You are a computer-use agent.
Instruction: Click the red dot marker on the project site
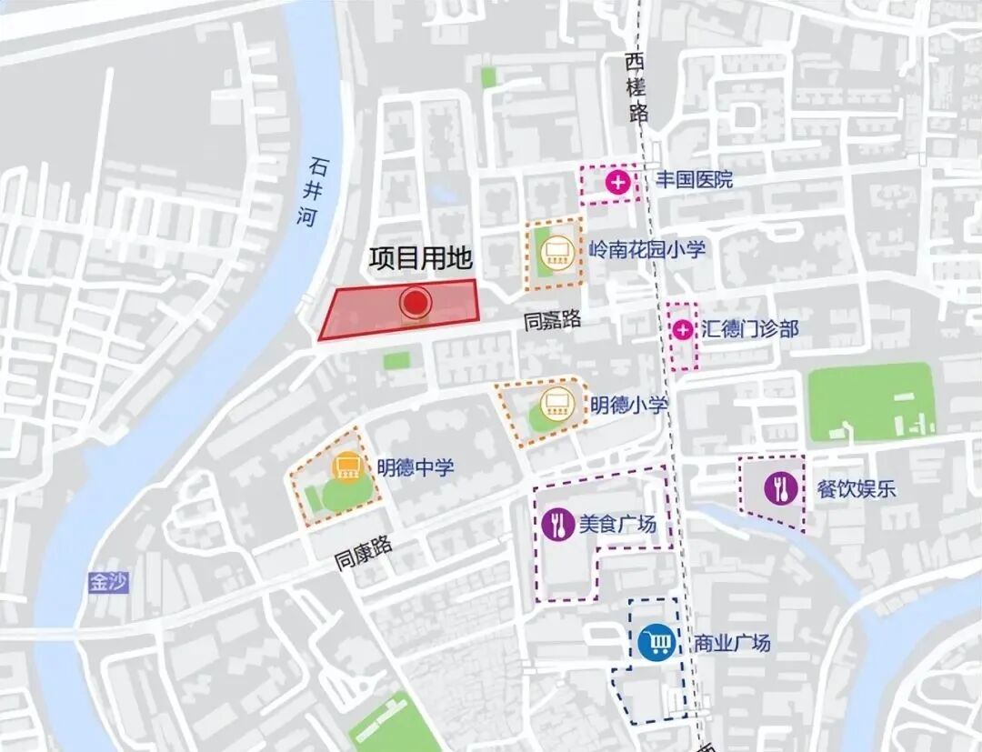(x=416, y=303)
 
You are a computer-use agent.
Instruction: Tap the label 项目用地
(x=420, y=259)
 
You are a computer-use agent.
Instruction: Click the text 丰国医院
(x=694, y=180)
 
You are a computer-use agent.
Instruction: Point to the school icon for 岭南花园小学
(x=556, y=248)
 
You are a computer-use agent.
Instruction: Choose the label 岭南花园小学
(x=646, y=249)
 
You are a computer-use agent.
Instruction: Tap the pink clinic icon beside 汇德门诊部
(x=682, y=329)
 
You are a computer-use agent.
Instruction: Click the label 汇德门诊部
(x=749, y=328)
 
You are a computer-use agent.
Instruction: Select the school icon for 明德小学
(x=554, y=404)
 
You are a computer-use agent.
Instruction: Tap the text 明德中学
(x=416, y=467)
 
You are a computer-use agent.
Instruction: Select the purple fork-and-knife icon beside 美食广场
(x=556, y=524)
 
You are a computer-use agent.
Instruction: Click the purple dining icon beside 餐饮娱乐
(x=780, y=488)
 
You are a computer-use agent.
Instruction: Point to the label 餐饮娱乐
(x=856, y=488)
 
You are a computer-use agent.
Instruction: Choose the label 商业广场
(x=732, y=643)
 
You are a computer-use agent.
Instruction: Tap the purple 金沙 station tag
(x=108, y=583)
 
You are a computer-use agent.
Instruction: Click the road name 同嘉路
(x=552, y=320)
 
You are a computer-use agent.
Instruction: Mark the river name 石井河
(x=314, y=192)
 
